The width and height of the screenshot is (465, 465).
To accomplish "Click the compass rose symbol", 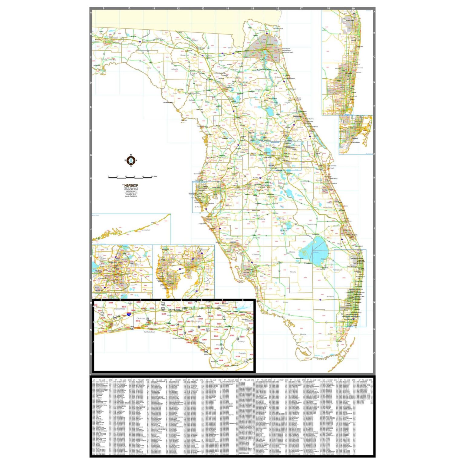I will point(131,161).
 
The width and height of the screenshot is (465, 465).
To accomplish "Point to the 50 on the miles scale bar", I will point(152,176).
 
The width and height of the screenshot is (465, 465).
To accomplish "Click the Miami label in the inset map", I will point(355,138).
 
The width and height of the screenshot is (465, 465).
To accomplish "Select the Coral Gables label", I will point(355,142).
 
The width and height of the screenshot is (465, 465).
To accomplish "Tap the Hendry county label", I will point(293,272).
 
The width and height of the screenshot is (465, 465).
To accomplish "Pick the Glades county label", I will point(292,252).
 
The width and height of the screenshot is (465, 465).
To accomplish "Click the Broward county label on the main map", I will point(330,296).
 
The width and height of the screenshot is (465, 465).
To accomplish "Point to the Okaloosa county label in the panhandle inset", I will point(141,318).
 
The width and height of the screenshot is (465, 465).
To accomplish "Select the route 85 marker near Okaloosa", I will point(148,319).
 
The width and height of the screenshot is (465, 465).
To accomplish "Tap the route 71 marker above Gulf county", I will point(222,349).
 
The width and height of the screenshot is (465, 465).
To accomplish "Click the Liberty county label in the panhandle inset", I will point(241,341).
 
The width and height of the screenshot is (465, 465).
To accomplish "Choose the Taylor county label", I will point(149,68).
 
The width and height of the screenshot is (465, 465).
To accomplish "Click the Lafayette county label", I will point(175,69).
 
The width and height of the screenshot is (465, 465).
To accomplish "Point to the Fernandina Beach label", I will point(278,29).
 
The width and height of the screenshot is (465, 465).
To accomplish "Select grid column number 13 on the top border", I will point(203,8).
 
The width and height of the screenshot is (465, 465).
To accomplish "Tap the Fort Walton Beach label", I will point(150,332).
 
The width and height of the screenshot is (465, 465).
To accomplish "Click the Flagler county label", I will point(287,103).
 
